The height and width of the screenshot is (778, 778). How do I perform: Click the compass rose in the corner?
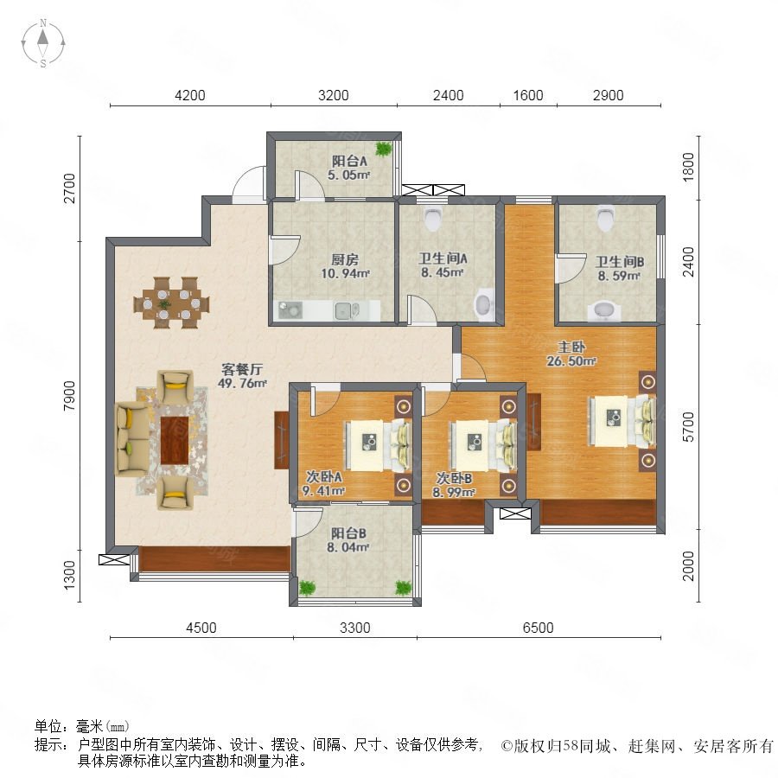pos(43,43)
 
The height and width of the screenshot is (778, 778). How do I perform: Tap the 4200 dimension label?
pos(190,95)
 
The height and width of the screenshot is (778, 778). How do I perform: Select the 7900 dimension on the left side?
pos(69,395)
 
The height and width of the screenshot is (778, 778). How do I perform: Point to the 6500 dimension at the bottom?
pos(539,628)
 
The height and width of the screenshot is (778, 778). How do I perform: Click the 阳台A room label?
pos(349,162)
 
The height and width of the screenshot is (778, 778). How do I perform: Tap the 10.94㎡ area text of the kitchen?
pos(345,273)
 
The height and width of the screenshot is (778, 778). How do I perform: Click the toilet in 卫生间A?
pos(433,219)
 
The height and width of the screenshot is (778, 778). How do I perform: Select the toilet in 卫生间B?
pos(605,219)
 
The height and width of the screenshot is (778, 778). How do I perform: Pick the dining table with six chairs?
pos(172,303)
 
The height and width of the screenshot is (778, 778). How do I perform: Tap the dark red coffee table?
pos(175,440)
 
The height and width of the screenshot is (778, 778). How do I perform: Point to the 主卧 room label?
pos(571,347)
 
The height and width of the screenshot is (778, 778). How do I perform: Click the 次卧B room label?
pos(454,478)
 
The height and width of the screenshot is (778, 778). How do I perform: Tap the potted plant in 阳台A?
pos(383,149)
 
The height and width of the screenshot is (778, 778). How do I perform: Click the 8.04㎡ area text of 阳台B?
pos(348,547)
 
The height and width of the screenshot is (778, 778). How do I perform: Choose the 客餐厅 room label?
pos(242,369)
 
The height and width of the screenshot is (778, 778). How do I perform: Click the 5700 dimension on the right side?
pos(689,427)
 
